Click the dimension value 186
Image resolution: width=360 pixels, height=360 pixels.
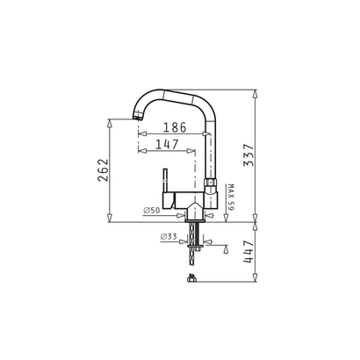click(175, 127)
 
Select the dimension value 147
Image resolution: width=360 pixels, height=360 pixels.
click(167, 145)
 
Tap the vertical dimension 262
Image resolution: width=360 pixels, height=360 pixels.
click(103, 170)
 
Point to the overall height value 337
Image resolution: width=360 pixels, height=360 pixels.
click(248, 155)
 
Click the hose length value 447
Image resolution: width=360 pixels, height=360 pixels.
click(248, 252)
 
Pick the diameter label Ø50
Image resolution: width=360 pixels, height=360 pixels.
click(152, 210)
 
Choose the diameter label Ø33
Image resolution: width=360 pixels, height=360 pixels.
click(169, 236)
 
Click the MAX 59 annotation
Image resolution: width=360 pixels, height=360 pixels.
click(231, 198)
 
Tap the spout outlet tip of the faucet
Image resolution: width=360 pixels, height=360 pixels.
click(137, 118)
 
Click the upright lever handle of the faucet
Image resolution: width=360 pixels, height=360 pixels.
click(165, 181)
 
